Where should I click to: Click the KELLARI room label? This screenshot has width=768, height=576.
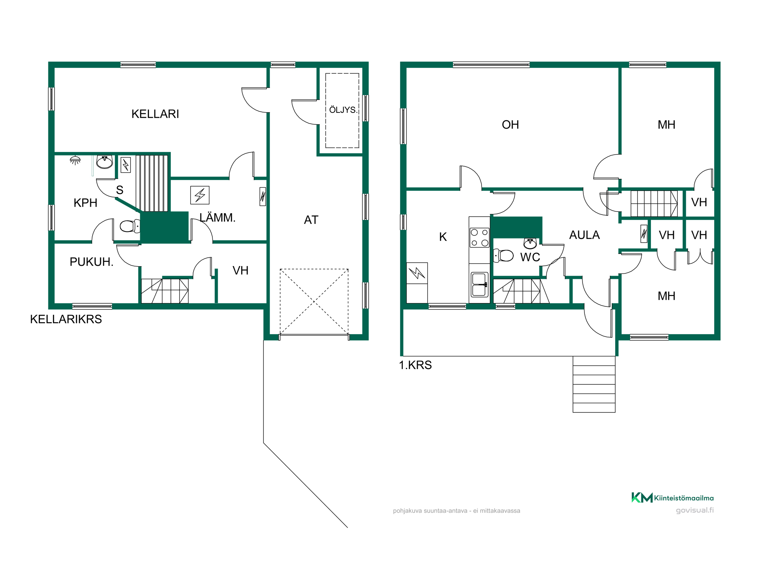tap(155, 114)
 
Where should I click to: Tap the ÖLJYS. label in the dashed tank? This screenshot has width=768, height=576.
tap(343, 110)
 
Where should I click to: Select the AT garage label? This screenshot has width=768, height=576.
tap(311, 220)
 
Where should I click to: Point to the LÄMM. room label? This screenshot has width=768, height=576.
tap(217, 217)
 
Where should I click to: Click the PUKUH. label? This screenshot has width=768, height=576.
tap(91, 262)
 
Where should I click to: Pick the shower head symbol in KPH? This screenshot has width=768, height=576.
tap(75, 160)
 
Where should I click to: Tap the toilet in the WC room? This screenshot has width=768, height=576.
tap(503, 255)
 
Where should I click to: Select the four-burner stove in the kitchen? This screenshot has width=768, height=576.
tap(480, 238)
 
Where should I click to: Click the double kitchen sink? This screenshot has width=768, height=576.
tap(479, 285)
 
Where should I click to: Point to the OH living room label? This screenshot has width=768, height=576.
tap(510, 125)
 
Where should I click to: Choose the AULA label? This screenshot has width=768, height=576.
tap(584, 235)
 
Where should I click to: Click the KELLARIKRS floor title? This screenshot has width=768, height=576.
tap(66, 319)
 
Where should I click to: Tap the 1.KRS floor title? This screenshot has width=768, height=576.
tap(415, 365)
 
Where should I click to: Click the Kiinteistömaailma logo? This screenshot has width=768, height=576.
tap(672, 498)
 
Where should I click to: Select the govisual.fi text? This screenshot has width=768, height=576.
tap(695, 510)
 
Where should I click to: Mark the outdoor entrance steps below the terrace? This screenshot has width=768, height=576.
tap(594, 384)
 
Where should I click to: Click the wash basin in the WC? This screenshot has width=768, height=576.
tap(530, 243)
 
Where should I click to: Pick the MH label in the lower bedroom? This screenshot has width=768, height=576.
tap(667, 296)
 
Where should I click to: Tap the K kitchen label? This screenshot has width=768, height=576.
tap(443, 237)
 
